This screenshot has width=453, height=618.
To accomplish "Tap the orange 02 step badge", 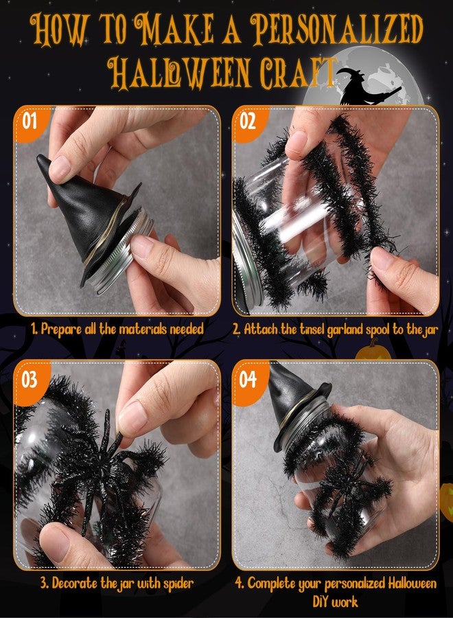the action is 249,123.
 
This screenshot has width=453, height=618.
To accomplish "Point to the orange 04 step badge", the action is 249,381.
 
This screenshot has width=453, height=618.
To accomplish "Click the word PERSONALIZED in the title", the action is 337,30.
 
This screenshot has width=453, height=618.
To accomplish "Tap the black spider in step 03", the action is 98,461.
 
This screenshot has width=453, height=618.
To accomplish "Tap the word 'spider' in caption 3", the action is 178,583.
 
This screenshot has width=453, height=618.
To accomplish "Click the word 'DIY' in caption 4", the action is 321,602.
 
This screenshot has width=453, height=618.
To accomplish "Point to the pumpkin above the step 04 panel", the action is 373,350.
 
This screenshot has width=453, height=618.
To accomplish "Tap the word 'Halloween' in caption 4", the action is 413,583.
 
